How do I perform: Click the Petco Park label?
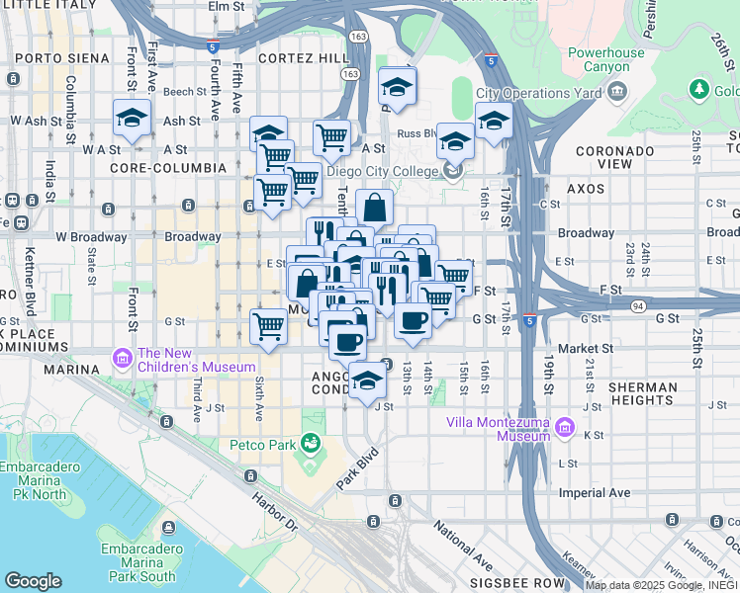point(264,445)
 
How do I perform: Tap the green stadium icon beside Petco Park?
point(312,442)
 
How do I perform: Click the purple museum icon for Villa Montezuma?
point(565,428)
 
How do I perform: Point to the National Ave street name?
point(463,548)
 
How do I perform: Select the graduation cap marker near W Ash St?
point(132,118)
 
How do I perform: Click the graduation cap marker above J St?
point(367,381)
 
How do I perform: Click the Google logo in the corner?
point(33,581)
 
